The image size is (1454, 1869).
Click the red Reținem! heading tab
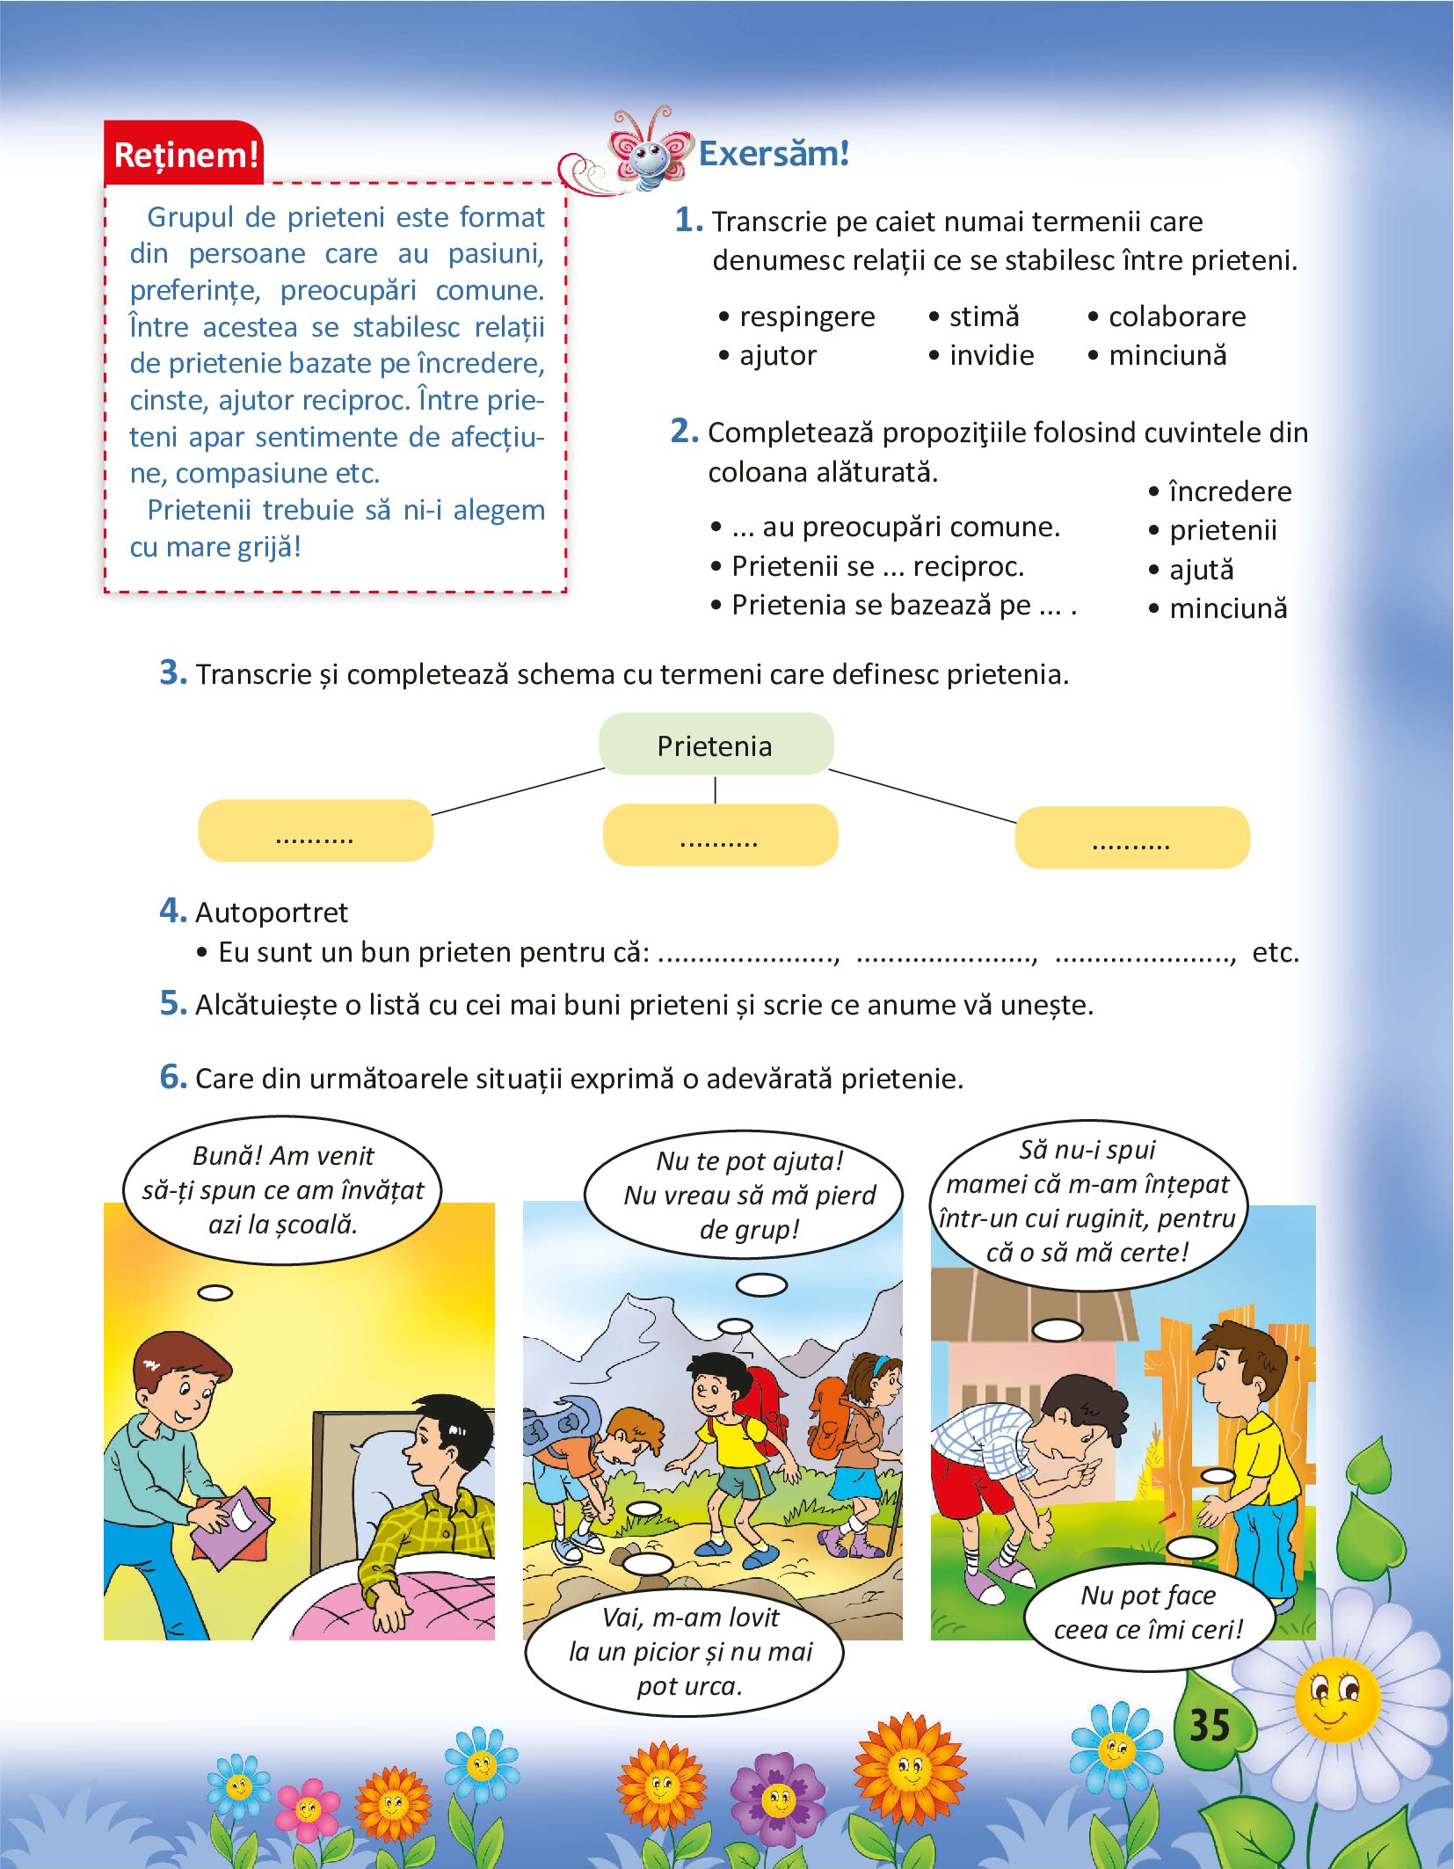click(185, 154)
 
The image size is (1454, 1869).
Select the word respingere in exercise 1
click(806, 316)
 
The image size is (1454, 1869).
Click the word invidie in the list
click(991, 355)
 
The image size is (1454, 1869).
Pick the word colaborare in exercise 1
click(1176, 316)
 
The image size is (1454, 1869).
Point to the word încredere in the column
click(1229, 491)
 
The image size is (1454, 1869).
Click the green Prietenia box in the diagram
click(716, 745)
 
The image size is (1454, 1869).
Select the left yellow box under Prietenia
click(316, 831)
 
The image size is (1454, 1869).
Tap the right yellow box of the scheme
click(1131, 838)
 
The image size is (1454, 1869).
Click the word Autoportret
click(271, 913)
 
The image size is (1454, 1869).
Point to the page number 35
click(1209, 1726)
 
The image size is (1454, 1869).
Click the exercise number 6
click(172, 1077)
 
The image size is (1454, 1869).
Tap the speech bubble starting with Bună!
click(282, 1189)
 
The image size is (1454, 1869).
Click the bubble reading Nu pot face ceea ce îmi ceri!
click(1147, 1611)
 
